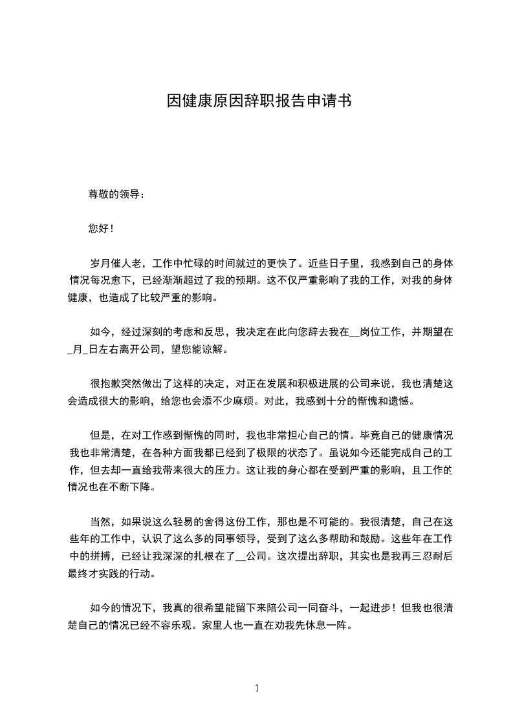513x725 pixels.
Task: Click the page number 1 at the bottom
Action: point(257,689)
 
